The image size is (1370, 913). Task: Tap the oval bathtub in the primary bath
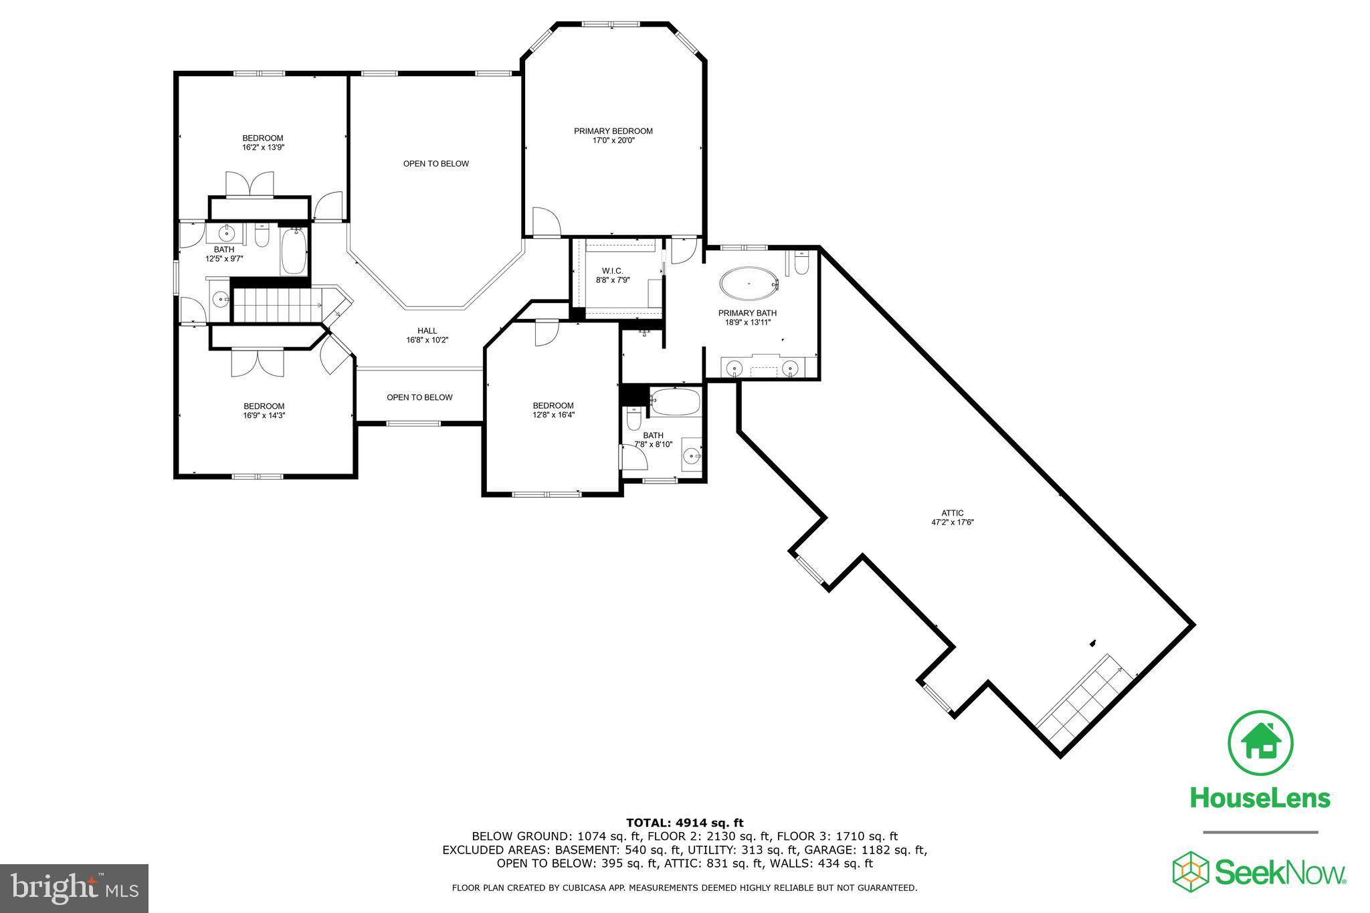749,284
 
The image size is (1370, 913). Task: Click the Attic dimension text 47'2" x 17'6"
953,522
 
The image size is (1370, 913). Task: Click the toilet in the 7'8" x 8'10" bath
633,419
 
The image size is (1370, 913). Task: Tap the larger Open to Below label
435,164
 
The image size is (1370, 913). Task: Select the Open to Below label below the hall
419,397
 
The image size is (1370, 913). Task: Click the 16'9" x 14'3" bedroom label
264,411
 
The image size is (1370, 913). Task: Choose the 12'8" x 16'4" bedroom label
553,410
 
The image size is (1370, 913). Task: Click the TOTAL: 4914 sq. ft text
684,823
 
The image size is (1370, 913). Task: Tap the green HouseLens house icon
1260,743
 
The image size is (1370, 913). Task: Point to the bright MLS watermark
74,888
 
